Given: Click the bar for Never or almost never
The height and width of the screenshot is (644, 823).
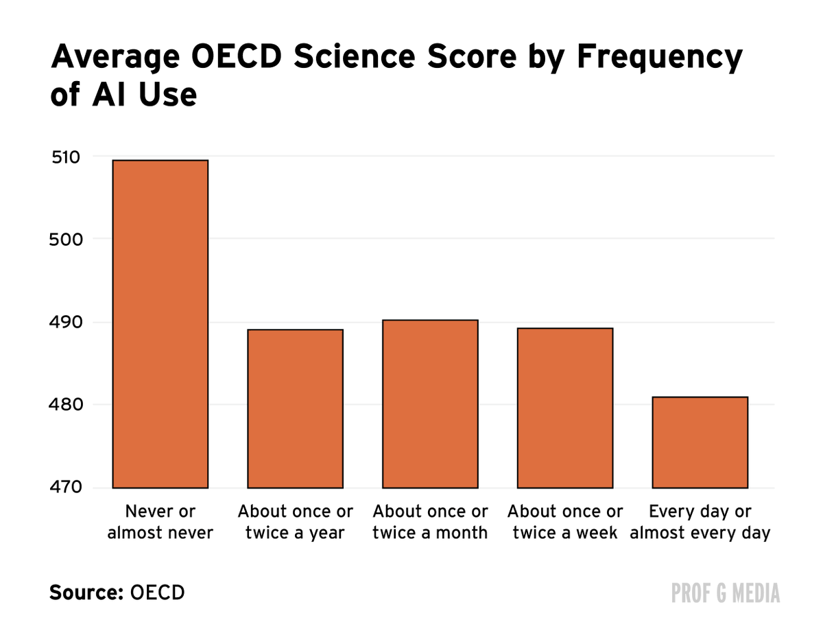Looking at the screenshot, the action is tap(160, 323).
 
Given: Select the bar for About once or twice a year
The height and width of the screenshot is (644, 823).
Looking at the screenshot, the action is tap(295, 409).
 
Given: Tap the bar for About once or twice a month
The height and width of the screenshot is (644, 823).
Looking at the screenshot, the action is tap(430, 404).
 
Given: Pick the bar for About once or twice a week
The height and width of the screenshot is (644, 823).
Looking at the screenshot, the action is tap(565, 408).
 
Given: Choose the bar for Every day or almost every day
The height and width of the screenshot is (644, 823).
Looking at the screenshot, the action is tap(700, 442).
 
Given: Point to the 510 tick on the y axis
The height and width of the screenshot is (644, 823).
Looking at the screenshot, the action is tap(66, 157).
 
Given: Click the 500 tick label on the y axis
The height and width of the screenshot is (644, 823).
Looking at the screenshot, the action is tap(66, 240).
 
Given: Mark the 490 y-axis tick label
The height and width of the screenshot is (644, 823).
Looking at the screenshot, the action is tap(66, 322).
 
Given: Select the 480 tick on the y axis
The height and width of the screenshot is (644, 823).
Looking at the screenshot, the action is tap(66, 404).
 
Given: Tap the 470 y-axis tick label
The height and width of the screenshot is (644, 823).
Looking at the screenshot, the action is tap(66, 487).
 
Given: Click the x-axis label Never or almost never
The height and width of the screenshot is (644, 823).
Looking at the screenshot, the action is tap(160, 522).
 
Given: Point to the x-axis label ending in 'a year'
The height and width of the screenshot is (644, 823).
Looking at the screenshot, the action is tap(295, 522).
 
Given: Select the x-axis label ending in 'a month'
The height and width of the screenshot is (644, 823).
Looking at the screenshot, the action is tap(430, 522).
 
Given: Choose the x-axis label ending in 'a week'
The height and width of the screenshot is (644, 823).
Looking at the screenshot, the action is tap(565, 522).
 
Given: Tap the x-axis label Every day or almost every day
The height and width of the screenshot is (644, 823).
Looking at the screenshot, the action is tap(700, 522).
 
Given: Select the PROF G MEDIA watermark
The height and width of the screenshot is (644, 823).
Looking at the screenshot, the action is tap(726, 593).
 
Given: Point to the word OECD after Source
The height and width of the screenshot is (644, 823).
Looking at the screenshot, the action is tap(157, 592).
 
